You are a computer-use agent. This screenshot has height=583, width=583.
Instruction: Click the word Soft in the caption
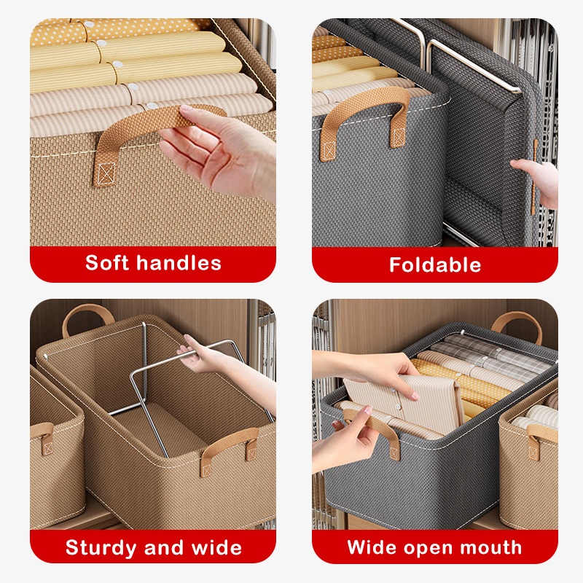click(x=107, y=263)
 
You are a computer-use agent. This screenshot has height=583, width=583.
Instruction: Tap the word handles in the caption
click(x=179, y=263)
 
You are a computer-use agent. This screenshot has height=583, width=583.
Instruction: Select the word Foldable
click(x=435, y=265)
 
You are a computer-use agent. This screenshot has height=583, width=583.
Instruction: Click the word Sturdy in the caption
click(x=101, y=548)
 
